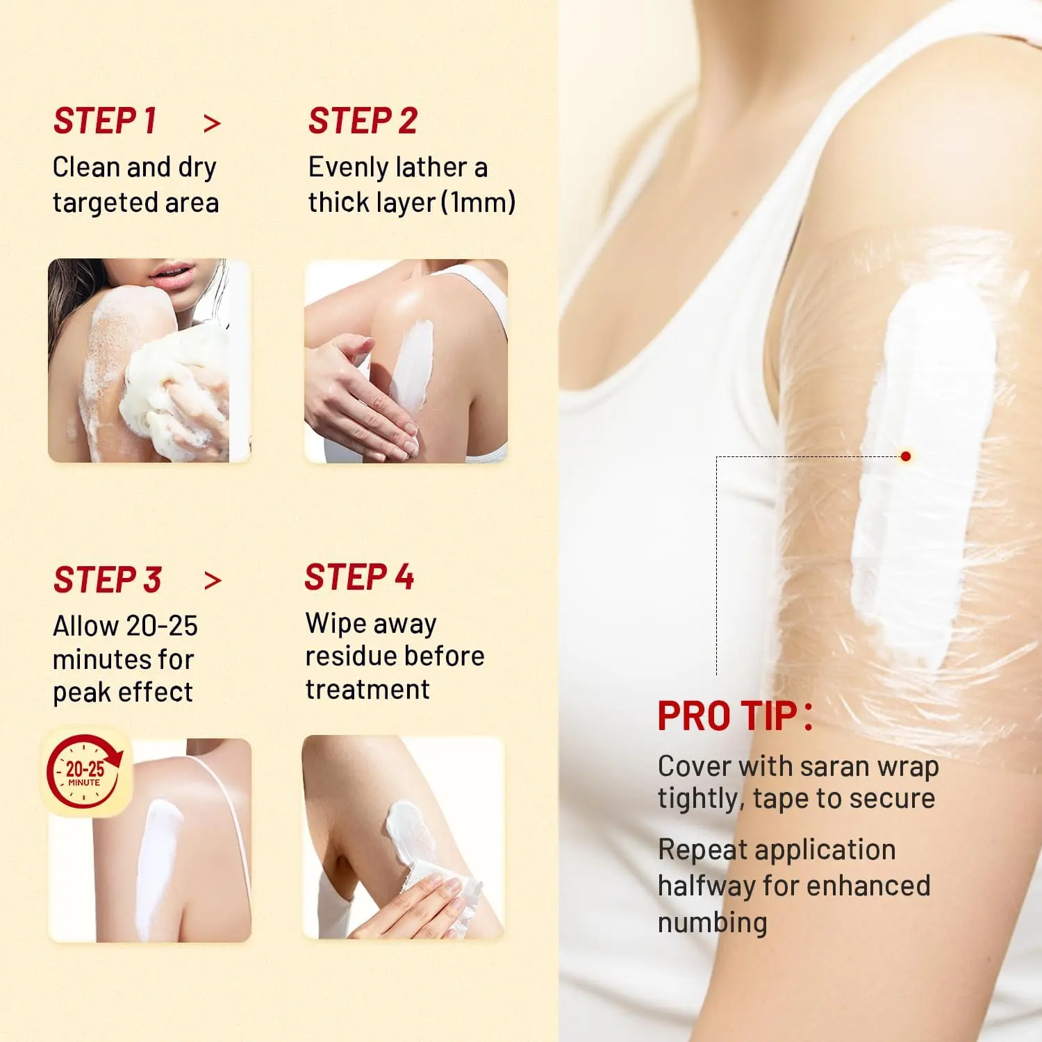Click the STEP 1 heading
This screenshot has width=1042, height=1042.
point(105,121)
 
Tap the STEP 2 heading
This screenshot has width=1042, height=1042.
point(363,121)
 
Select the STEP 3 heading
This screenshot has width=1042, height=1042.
point(108,580)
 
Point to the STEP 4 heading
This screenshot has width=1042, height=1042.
point(359,577)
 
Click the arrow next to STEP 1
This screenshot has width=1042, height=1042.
point(212,124)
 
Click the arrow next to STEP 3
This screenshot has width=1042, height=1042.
point(212,581)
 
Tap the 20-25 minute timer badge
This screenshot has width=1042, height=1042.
point(85,772)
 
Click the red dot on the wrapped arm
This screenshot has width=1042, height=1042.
point(905,456)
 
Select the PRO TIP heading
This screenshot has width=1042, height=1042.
point(735,716)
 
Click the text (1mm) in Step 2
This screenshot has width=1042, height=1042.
point(479,203)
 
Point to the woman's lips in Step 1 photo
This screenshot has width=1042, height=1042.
point(170,275)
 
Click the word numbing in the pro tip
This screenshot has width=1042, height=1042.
point(713,923)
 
